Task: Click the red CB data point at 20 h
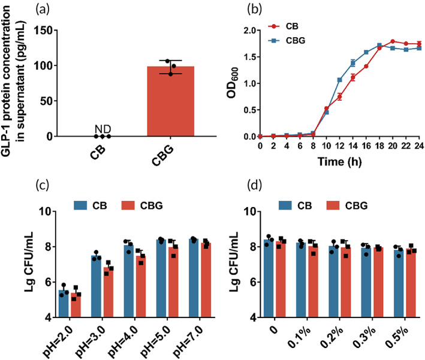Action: [x=393, y=41]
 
